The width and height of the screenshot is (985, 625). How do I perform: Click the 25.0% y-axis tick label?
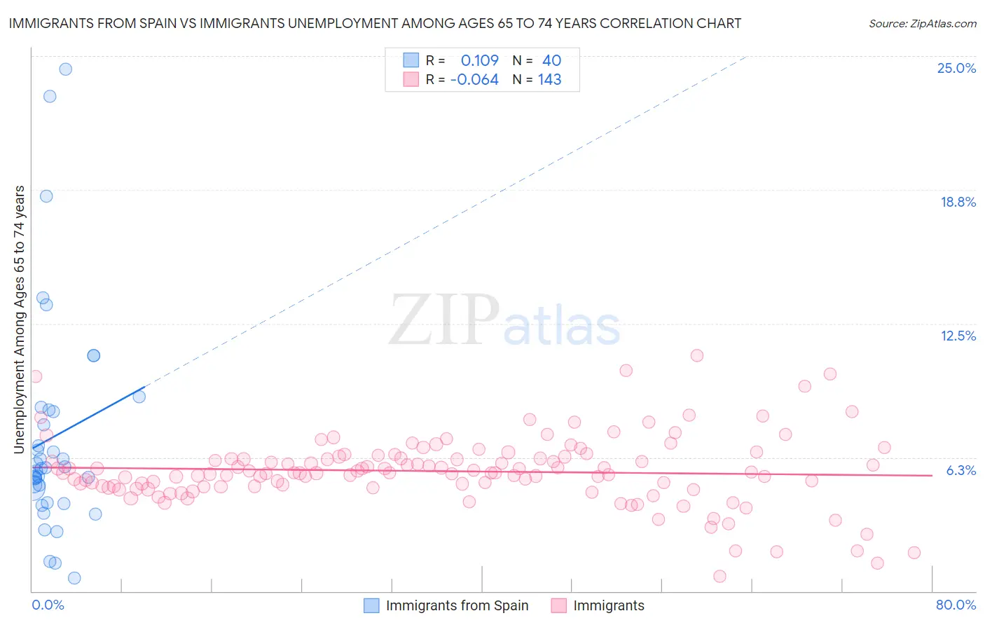point(956,69)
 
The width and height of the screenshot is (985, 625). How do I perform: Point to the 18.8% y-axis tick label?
point(958,202)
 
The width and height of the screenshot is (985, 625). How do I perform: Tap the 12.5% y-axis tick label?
point(958,336)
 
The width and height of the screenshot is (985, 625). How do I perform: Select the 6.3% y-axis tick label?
point(960,470)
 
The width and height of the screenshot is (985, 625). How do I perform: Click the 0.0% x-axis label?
point(48,605)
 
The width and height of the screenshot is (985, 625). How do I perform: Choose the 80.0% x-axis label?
point(956,605)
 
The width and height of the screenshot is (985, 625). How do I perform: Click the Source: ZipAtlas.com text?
point(922,24)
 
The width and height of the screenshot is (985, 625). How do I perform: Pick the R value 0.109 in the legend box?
point(479,61)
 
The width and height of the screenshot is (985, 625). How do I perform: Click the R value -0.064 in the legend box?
point(474,80)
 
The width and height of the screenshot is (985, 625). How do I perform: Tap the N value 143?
point(549,80)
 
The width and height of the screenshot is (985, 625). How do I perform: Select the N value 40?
point(551,61)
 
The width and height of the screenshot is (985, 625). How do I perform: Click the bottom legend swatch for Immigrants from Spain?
point(371,605)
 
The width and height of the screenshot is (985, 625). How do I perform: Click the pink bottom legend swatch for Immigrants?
point(558,605)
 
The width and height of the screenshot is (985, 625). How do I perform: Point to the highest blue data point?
point(65,69)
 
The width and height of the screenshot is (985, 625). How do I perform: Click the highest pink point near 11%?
point(696,355)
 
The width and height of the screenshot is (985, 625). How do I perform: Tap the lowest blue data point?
point(74,578)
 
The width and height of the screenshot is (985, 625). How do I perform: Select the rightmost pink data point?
point(914,553)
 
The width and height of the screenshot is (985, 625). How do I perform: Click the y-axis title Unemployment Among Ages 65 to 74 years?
point(20,320)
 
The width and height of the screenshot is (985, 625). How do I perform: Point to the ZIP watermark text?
point(443,320)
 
